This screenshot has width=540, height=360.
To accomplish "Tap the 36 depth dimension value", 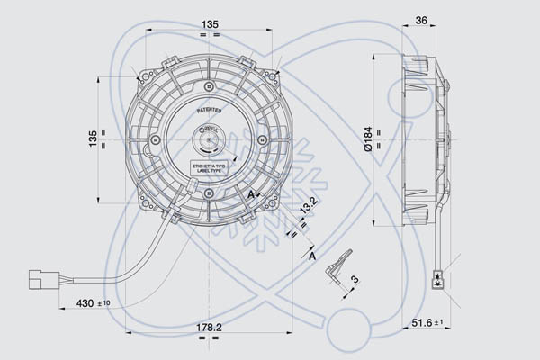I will [x=421, y=22].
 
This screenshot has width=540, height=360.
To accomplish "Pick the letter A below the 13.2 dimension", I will [x=311, y=256].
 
